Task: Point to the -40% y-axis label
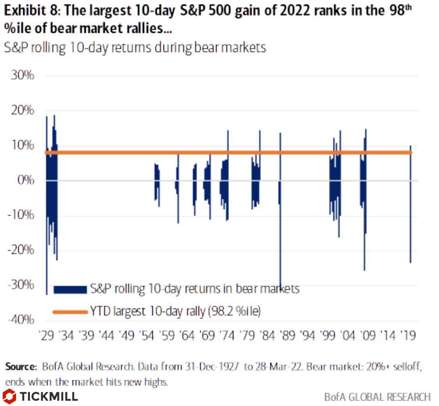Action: coord(19,320)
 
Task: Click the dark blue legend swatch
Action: coord(70,289)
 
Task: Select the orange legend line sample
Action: coord(70,312)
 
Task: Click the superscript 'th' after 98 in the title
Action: coord(409,6)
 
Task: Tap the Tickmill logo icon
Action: coord(9,396)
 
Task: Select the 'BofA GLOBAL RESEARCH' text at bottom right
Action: coord(377,396)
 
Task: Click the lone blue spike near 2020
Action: coord(410,205)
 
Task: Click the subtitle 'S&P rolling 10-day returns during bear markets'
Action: coord(135,47)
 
